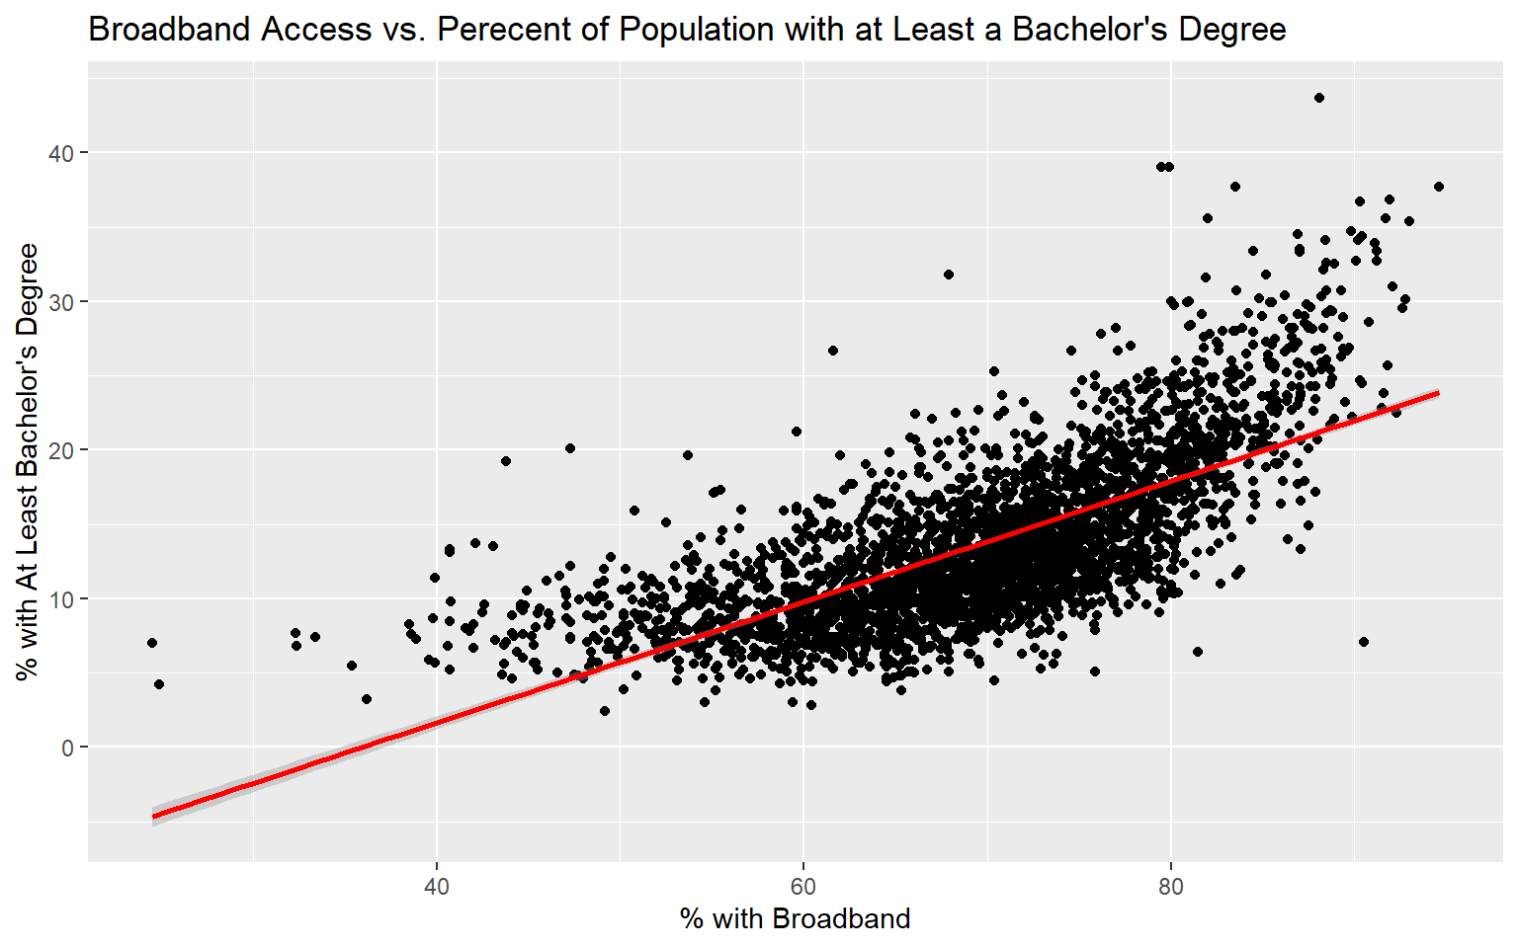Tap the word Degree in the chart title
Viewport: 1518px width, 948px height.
(1229, 30)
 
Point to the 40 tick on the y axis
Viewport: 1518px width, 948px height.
(62, 153)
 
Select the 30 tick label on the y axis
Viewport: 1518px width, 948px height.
(62, 301)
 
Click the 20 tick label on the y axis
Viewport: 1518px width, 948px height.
(62, 450)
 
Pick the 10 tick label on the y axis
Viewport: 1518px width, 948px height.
(62, 598)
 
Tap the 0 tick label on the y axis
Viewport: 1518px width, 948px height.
(67, 748)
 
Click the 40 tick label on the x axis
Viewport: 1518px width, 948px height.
(436, 887)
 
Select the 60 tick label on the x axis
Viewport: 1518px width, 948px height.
(802, 887)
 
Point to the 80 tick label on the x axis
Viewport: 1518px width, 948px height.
(1170, 887)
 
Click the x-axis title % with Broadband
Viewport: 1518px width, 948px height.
(795, 919)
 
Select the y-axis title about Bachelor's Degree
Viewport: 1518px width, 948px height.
(28, 460)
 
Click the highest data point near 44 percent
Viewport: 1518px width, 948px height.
(1318, 98)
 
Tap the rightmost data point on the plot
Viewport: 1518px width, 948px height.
(1438, 187)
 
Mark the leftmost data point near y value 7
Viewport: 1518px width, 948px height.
(152, 643)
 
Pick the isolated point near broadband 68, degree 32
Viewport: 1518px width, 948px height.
(949, 275)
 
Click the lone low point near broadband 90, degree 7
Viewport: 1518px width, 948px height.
(1364, 642)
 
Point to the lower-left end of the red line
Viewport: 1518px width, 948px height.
(154, 816)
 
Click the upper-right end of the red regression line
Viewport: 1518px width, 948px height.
(1437, 393)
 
